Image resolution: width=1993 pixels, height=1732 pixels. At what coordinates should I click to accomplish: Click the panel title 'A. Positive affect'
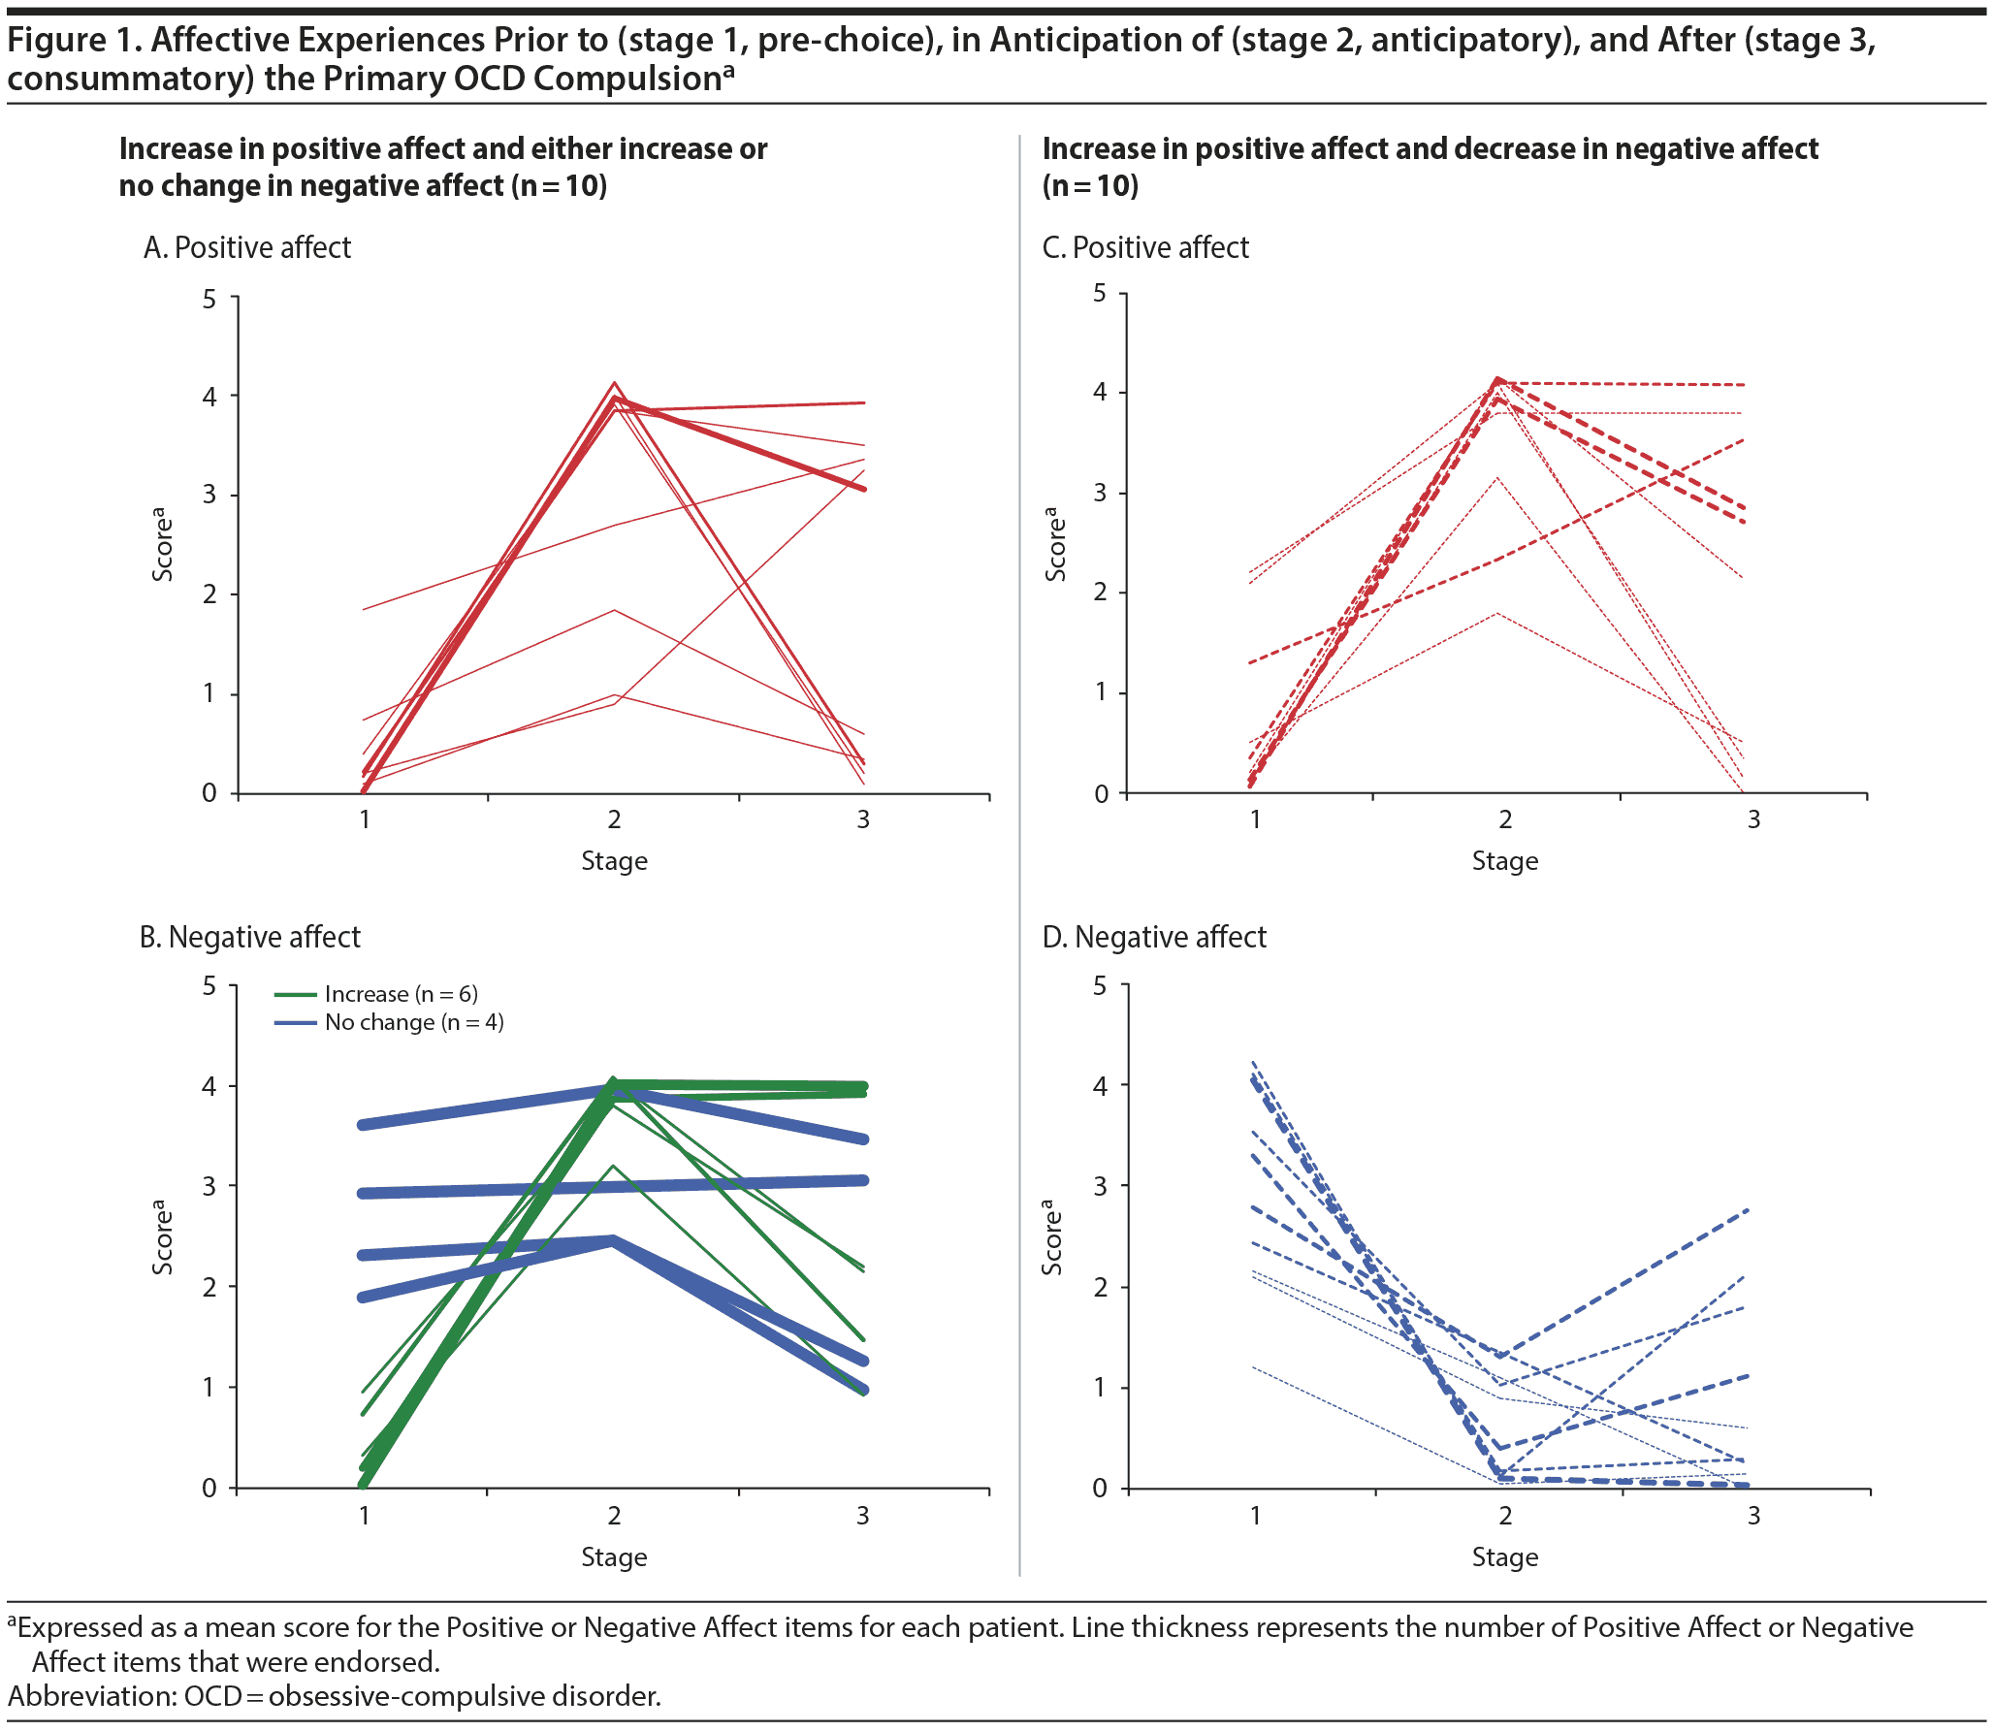pos(246,248)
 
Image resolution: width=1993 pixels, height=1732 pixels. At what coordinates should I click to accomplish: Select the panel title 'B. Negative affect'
pos(249,938)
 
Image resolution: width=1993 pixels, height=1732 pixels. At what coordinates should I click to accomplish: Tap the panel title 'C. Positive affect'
pos(1145,248)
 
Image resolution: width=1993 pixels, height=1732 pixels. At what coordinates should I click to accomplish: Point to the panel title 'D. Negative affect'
pos(1154,938)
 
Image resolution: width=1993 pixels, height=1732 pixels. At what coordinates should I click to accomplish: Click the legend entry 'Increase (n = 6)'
pos(401,994)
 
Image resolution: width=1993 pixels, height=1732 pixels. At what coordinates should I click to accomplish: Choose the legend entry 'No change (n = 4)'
pos(414,1022)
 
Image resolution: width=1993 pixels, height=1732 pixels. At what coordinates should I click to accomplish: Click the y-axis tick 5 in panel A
pos(209,299)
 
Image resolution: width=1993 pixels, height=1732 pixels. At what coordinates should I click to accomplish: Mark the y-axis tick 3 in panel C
pos(1100,493)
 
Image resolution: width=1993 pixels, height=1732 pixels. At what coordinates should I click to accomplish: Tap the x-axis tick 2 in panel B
pos(614,1515)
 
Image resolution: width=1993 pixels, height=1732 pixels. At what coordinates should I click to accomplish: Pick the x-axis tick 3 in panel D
pos(1753,1515)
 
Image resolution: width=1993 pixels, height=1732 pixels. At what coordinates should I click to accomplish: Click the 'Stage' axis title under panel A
pos(614,861)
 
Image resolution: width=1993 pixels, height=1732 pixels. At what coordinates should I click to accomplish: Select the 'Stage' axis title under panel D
pos(1504,1557)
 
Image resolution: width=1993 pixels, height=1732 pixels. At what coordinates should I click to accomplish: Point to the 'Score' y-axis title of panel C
pos(1055,544)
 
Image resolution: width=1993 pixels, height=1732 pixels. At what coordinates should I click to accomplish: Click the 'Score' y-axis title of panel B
pos(163,1237)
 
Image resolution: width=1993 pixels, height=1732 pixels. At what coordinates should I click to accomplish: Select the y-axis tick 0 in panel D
pos(1100,1489)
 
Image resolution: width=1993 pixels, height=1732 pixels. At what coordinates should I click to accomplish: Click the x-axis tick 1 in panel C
pos(1255,820)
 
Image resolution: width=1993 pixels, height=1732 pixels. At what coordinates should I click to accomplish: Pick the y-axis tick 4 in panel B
pos(209,1086)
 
